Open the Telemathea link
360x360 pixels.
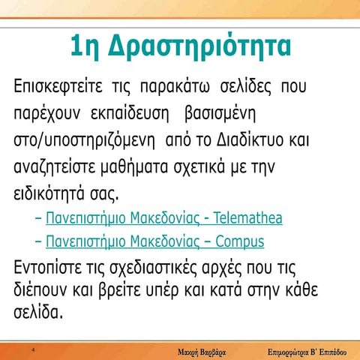click(163, 219)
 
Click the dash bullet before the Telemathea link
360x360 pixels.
click(38, 219)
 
